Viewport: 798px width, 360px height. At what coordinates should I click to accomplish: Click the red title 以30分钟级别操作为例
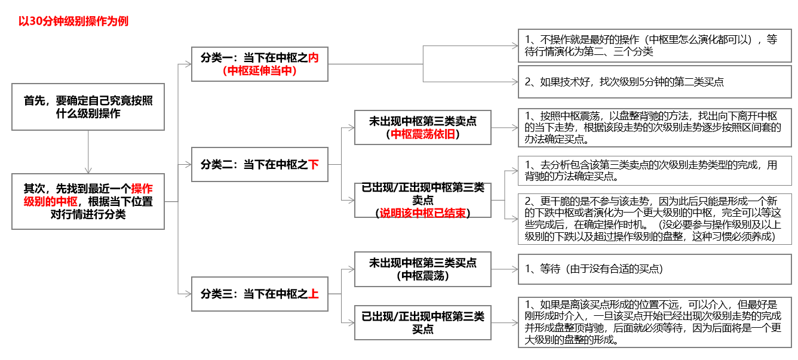point(73,21)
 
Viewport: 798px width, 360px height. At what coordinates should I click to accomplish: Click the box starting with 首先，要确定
point(88,107)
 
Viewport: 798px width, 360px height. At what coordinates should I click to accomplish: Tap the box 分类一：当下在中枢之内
point(259,64)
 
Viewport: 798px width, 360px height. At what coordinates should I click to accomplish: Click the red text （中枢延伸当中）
point(259,70)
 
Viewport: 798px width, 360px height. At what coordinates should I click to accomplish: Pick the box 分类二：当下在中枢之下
point(259,164)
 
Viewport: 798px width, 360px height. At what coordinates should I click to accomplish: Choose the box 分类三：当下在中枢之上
point(259,294)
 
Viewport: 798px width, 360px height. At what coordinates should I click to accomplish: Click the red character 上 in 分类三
point(314,294)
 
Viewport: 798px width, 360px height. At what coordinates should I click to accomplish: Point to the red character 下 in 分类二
point(314,164)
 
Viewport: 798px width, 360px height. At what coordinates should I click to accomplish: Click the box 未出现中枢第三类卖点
point(422,127)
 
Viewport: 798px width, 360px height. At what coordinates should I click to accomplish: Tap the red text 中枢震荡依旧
point(422,134)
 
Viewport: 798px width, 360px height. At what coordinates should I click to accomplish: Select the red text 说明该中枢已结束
point(422,213)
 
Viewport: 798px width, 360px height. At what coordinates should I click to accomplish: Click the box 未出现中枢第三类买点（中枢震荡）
point(422,269)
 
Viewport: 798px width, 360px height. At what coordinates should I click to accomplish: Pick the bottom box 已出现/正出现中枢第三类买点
point(422,322)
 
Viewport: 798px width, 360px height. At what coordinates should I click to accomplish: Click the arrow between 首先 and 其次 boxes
point(88,152)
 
